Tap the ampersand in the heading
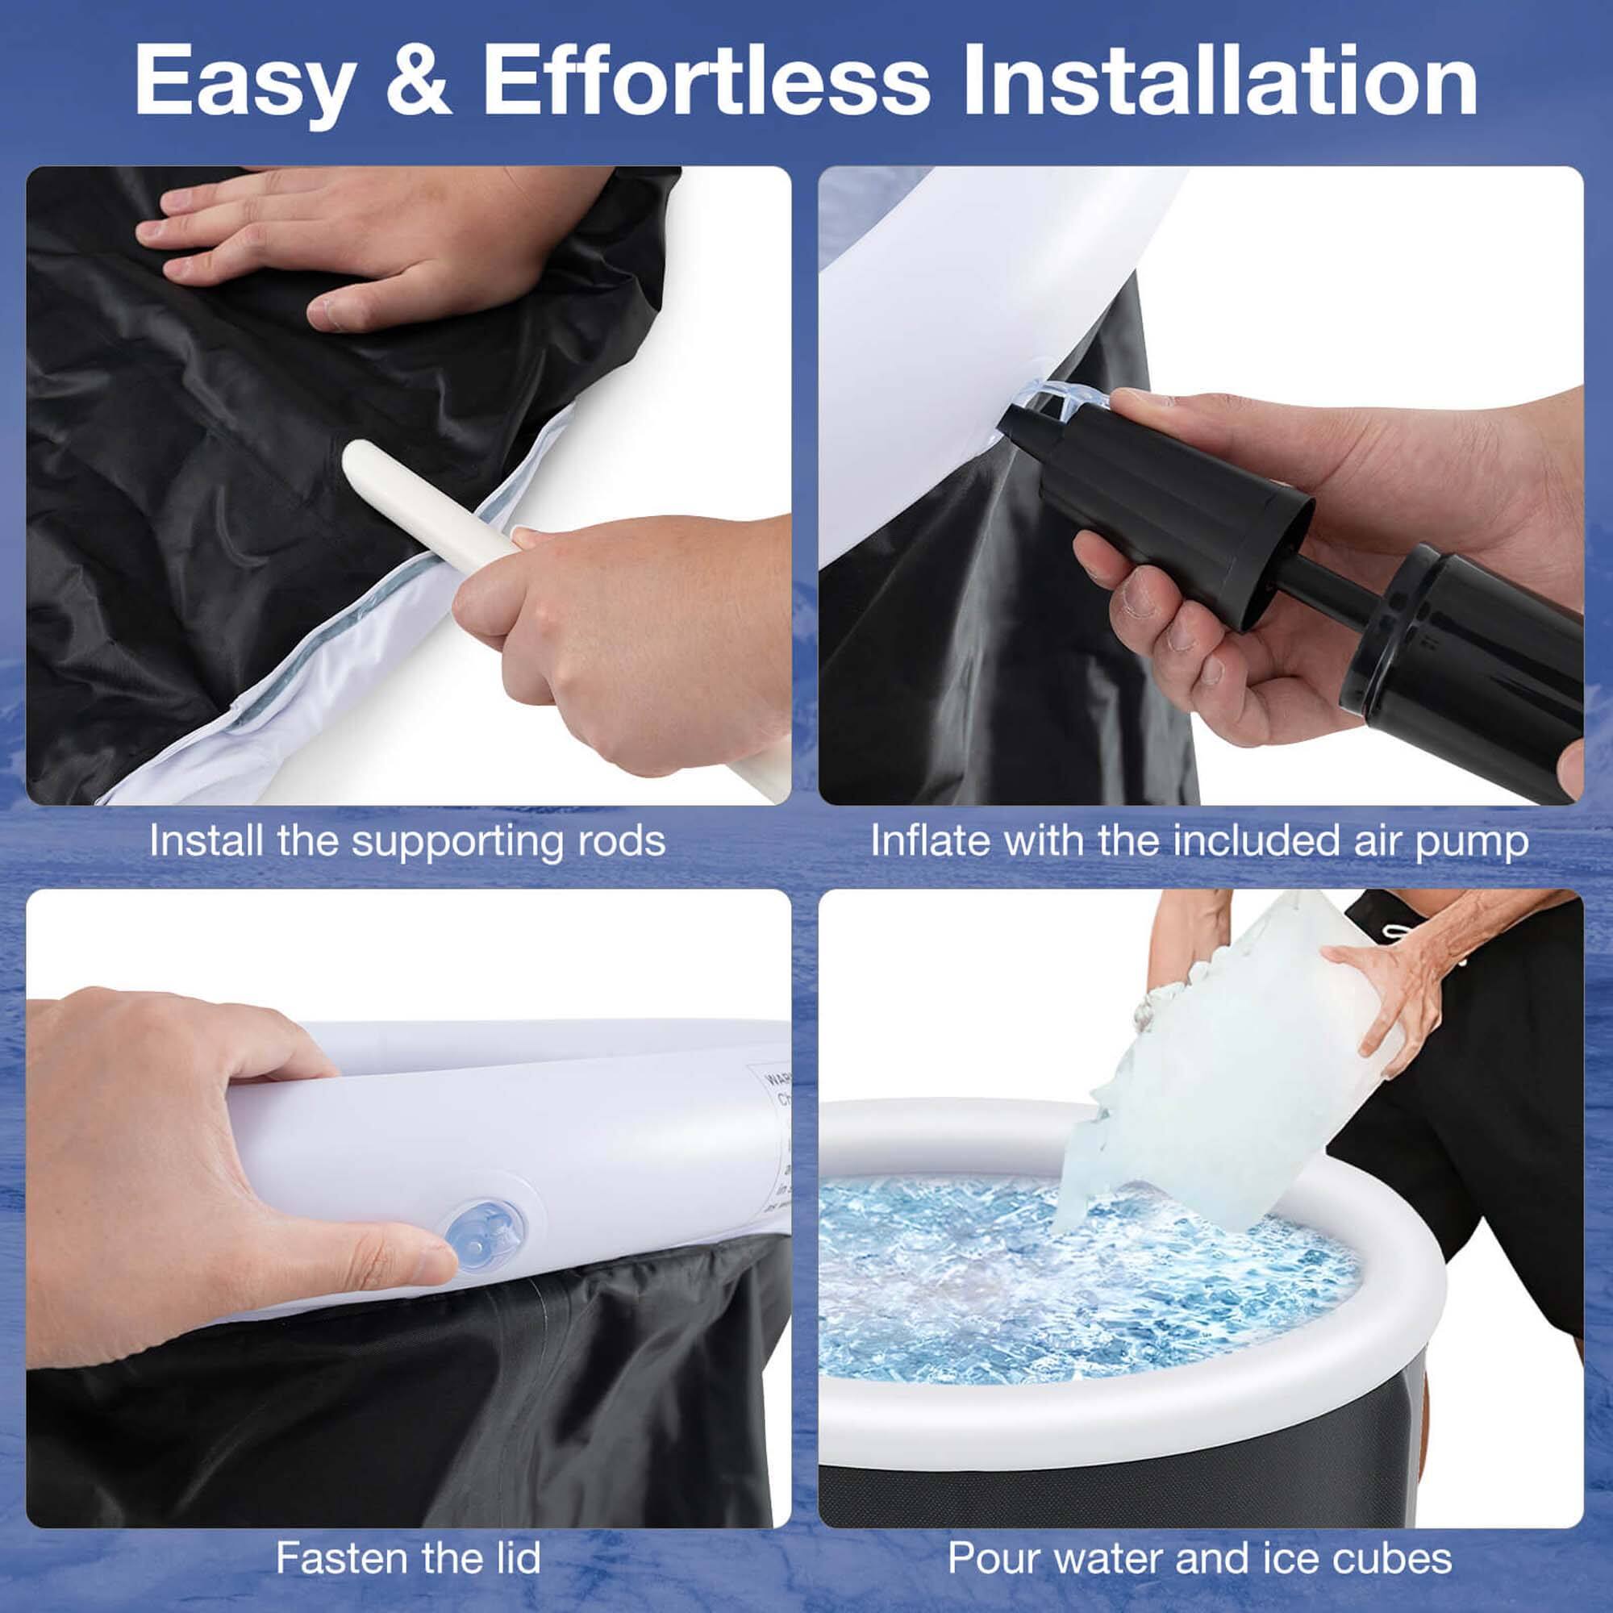click(x=418, y=81)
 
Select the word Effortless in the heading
click(x=706, y=81)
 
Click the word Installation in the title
click(x=1219, y=81)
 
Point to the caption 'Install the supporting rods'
click(x=407, y=840)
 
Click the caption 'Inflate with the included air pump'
click(x=1199, y=840)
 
